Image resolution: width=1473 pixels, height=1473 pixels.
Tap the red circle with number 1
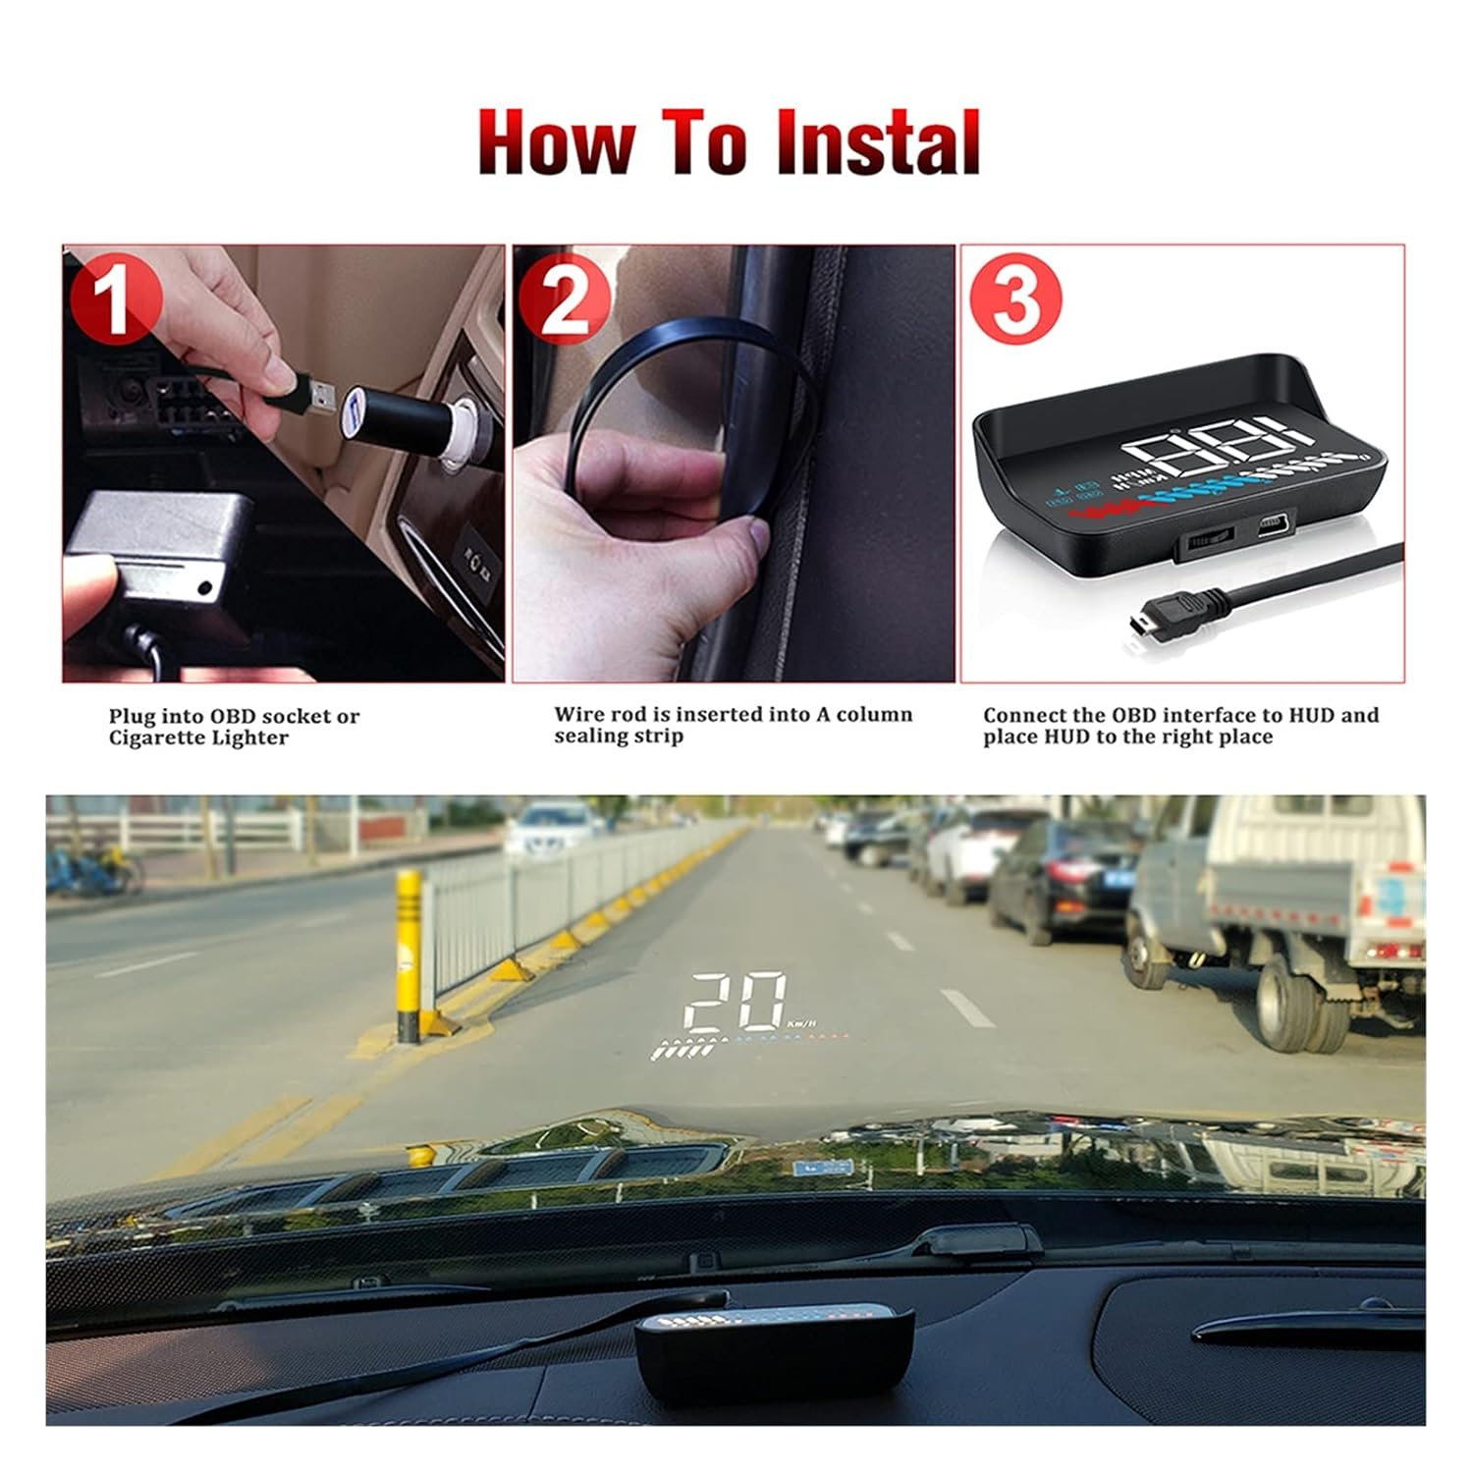[117, 299]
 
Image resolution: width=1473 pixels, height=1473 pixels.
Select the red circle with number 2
[564, 299]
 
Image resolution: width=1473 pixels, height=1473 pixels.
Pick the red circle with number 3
[1014, 299]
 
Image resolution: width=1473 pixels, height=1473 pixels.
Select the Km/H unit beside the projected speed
[800, 1024]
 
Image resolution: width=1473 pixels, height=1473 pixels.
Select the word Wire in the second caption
[578, 715]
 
